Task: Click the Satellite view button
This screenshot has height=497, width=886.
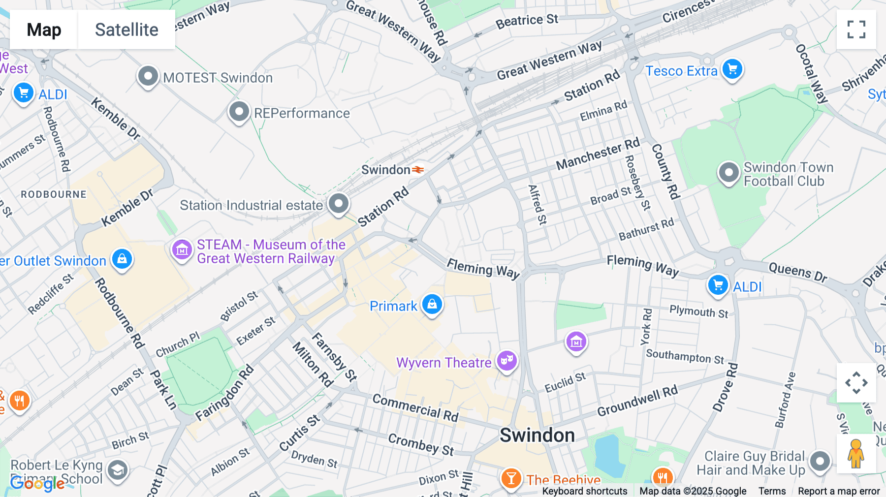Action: coord(127,30)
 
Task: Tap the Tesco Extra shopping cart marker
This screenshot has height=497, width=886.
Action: coord(732,69)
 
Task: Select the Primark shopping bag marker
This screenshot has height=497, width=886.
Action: coord(432,305)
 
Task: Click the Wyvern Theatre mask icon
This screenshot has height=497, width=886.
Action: coord(506,361)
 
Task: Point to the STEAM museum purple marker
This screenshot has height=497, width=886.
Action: coord(182,249)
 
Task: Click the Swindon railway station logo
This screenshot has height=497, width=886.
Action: coord(418,170)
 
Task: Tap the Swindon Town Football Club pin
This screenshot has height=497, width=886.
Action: coord(728,173)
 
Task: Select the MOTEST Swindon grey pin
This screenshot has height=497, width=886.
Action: coord(148,76)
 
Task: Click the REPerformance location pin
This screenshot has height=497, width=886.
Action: coord(239,112)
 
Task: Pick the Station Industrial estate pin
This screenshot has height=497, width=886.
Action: coord(338,203)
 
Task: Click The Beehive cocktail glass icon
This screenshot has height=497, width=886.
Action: coord(511,478)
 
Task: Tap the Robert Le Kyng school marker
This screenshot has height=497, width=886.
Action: coord(118,470)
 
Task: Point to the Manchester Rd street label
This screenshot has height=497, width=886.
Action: coord(597,154)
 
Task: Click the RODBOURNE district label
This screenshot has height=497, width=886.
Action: coord(54,194)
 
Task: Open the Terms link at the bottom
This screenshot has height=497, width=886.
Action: coord(772,491)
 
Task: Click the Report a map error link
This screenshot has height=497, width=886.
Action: coord(838,491)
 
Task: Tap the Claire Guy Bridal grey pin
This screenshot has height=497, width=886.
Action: coord(820,462)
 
